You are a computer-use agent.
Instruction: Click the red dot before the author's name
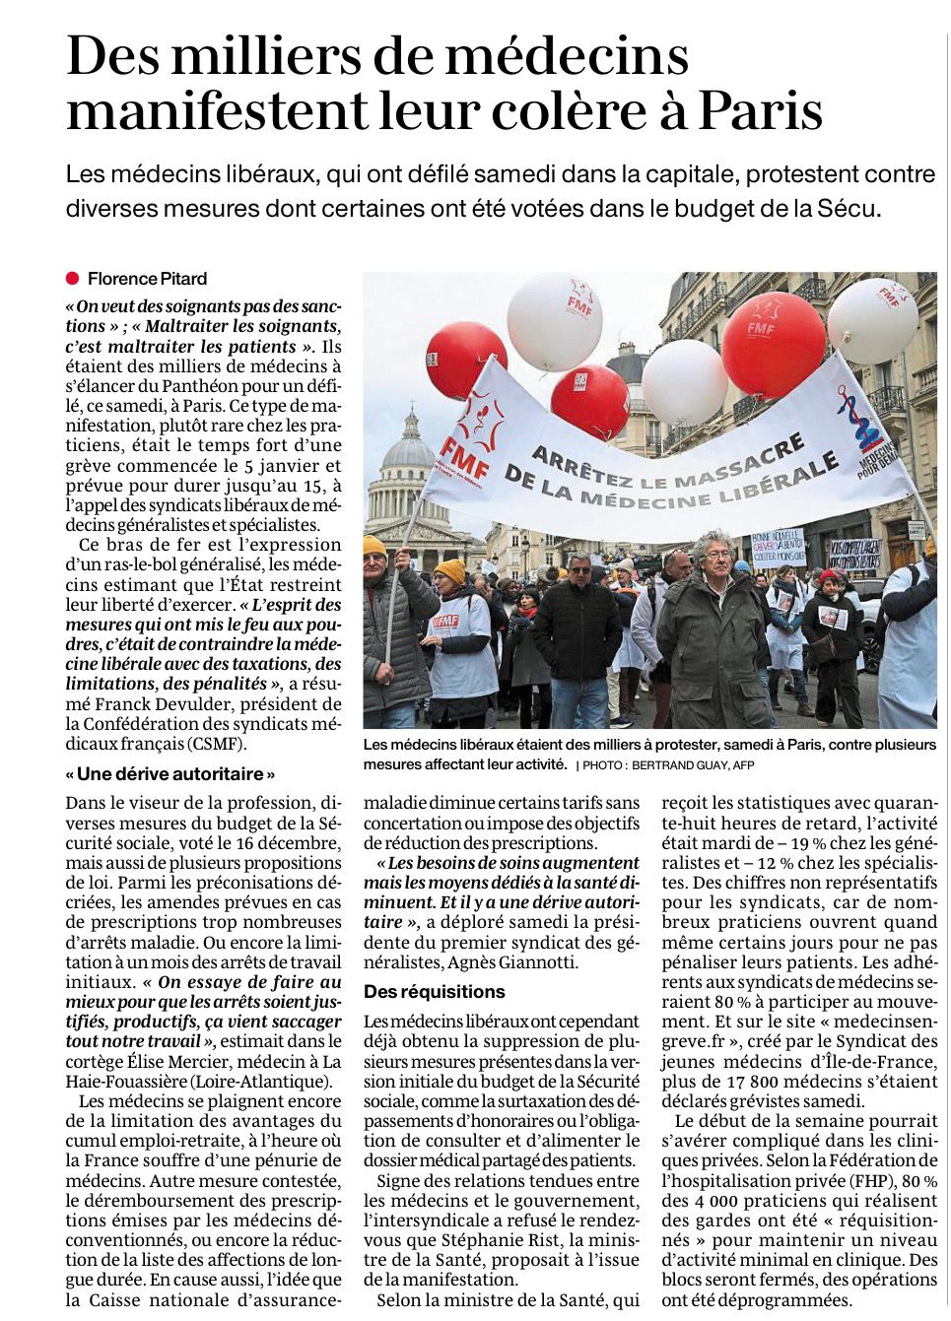(x=73, y=278)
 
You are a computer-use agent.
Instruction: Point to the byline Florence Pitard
(x=148, y=279)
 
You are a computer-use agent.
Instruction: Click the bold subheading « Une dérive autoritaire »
(x=170, y=773)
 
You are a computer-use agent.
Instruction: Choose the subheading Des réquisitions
(x=434, y=991)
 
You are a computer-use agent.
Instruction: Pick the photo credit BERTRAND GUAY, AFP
(x=696, y=764)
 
